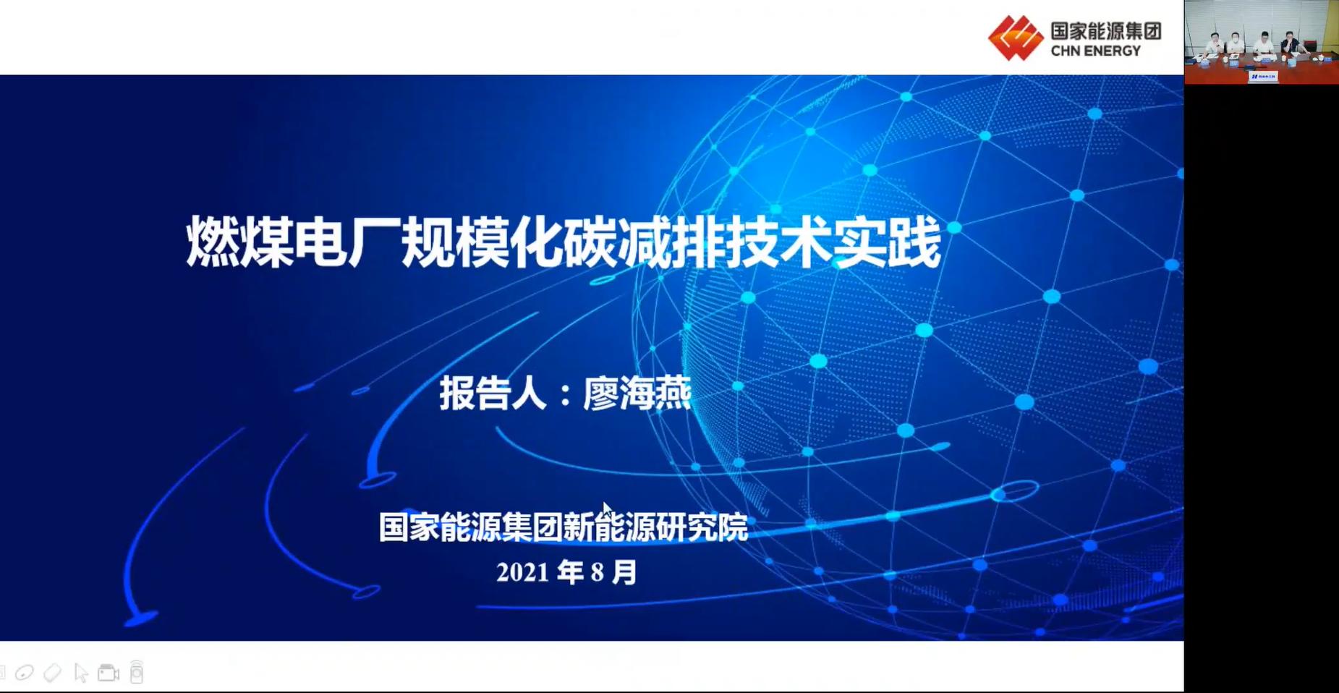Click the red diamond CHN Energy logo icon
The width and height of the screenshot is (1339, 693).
[1016, 38]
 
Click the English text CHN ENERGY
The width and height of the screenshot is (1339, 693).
[1095, 51]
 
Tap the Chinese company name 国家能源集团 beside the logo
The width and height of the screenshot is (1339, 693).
[1106, 31]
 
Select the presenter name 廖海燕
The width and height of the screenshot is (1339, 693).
[637, 394]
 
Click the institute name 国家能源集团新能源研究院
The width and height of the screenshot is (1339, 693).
[563, 527]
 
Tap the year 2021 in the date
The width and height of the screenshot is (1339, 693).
[522, 573]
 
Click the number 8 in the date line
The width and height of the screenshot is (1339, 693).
[597, 573]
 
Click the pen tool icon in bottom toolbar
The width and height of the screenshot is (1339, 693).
[25, 673]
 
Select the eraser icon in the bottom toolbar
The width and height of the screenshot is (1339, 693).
[52, 673]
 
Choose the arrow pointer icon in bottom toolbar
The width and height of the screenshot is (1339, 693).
[80, 673]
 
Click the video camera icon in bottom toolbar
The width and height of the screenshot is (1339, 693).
[109, 673]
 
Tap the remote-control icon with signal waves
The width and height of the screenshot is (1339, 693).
[136, 672]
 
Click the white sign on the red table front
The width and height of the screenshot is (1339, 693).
[1263, 76]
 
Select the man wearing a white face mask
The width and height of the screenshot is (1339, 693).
[1235, 43]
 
